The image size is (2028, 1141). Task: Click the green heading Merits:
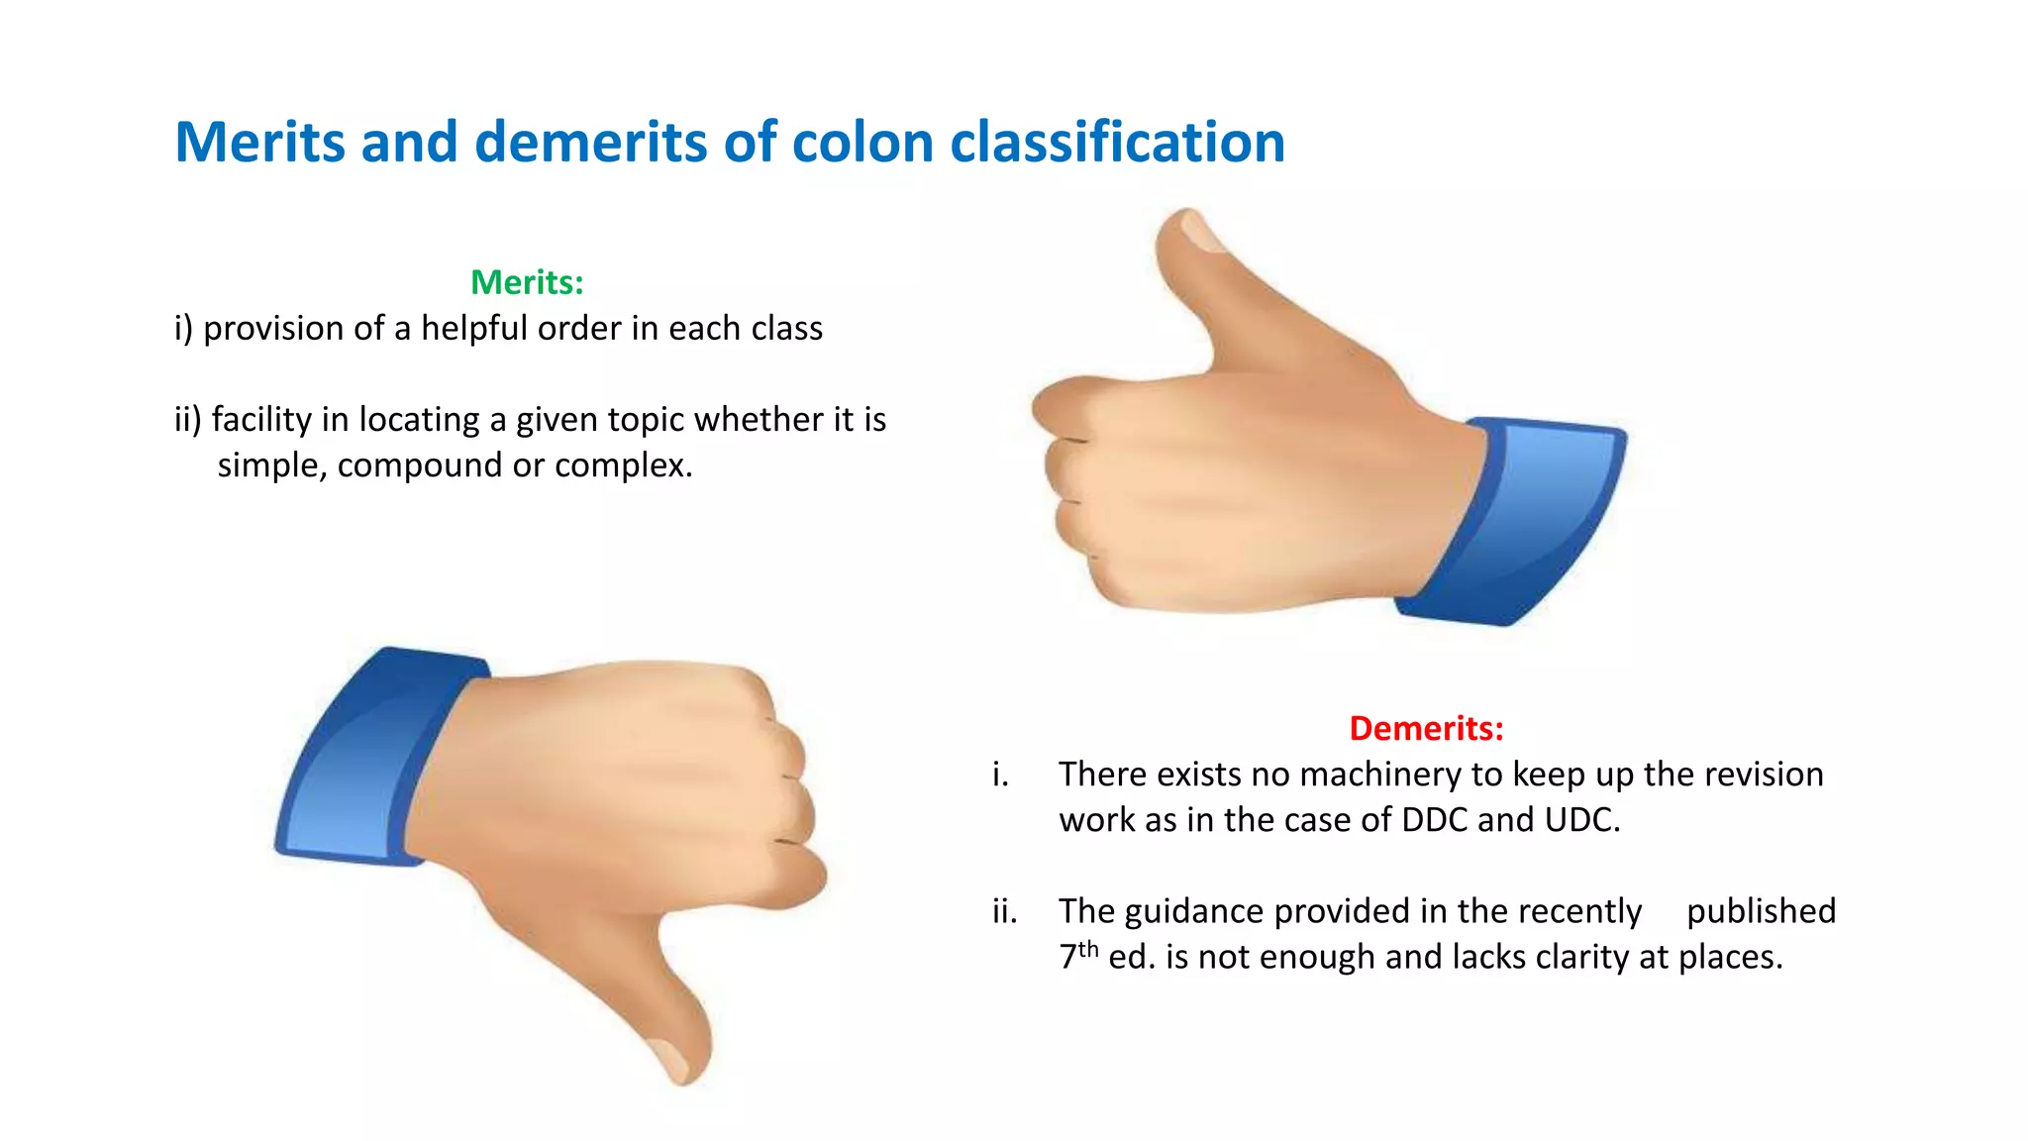click(x=527, y=282)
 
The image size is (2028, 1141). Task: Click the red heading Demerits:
click(x=1426, y=729)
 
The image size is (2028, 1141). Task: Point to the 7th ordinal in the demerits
click(x=1077, y=956)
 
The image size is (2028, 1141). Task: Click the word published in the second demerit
click(x=1761, y=911)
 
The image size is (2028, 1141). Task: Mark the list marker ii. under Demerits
click(x=1004, y=911)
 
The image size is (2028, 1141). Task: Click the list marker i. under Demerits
click(x=1000, y=775)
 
